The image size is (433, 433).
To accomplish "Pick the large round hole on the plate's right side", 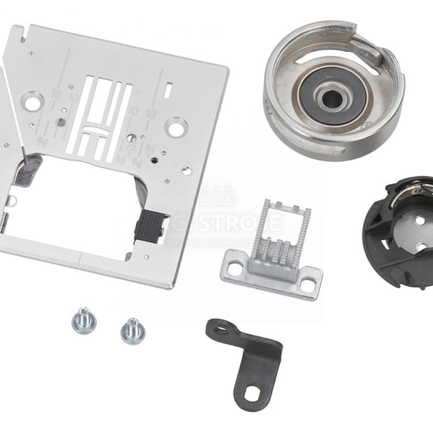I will point(174,127).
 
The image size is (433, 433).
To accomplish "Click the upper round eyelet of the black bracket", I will point(219,328).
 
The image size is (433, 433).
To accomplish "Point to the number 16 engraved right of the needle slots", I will point(150,115).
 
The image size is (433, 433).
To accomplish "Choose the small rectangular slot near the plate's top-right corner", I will point(169,86).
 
